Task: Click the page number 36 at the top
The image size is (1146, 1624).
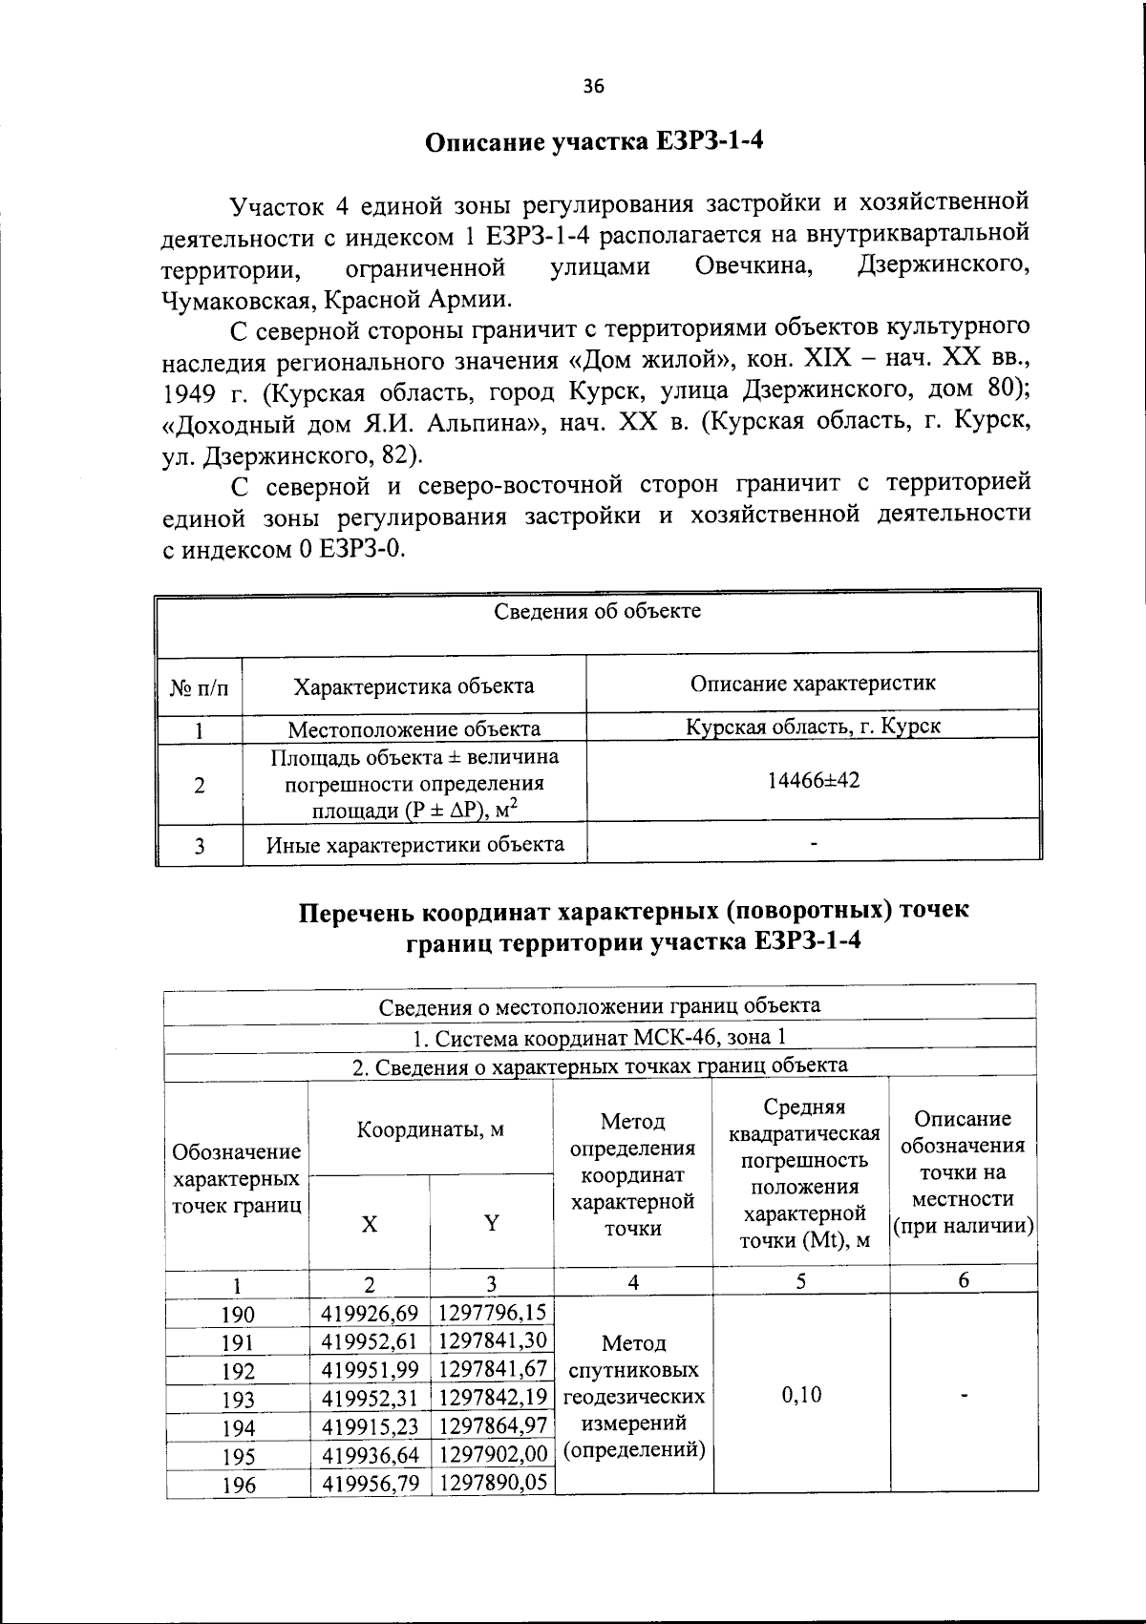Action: click(593, 87)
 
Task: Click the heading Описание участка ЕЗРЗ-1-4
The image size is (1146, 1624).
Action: click(594, 142)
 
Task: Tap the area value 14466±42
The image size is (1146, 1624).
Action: click(813, 780)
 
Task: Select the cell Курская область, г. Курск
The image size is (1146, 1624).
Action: click(813, 726)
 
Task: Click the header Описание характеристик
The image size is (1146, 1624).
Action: click(813, 683)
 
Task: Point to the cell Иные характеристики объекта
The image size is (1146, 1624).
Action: click(414, 844)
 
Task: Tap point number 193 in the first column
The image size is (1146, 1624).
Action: click(238, 1401)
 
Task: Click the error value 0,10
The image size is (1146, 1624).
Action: click(801, 1395)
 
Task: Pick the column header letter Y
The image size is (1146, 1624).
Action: click(491, 1223)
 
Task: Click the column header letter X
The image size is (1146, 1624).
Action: click(369, 1224)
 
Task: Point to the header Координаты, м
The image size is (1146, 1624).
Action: click(430, 1130)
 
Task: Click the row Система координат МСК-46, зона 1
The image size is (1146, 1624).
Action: click(600, 1037)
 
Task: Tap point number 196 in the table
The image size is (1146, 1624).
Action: click(238, 1486)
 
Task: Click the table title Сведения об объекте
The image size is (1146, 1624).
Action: click(597, 611)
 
